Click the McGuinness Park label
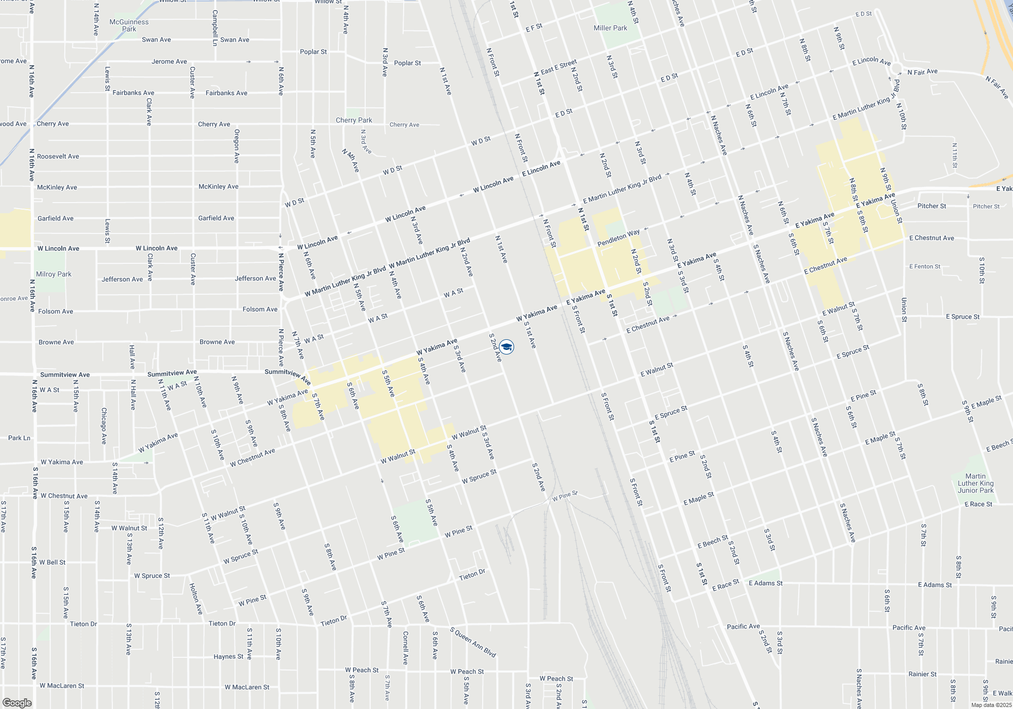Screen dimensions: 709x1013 [129, 25]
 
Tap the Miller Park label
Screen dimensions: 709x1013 [610, 28]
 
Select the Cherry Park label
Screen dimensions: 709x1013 [354, 120]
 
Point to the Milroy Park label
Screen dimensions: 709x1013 [54, 274]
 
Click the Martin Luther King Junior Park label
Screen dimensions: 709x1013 [976, 483]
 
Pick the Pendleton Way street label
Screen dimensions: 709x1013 [618, 238]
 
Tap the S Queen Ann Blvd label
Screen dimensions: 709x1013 [473, 642]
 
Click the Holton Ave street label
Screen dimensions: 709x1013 [196, 599]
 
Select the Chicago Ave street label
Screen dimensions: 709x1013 [104, 426]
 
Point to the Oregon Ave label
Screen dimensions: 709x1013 [237, 146]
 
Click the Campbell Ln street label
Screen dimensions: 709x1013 [215, 28]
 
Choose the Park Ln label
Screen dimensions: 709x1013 [19, 438]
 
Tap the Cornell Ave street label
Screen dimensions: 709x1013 [405, 647]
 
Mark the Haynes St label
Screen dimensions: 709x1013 [228, 656]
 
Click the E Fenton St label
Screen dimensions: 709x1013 [924, 266]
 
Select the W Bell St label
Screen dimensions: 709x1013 [53, 562]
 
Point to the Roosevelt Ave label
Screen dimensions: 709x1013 [58, 156]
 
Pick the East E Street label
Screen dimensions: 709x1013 [559, 67]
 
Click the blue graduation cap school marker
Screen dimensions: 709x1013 [506, 346]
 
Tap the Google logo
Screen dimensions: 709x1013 [17, 703]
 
